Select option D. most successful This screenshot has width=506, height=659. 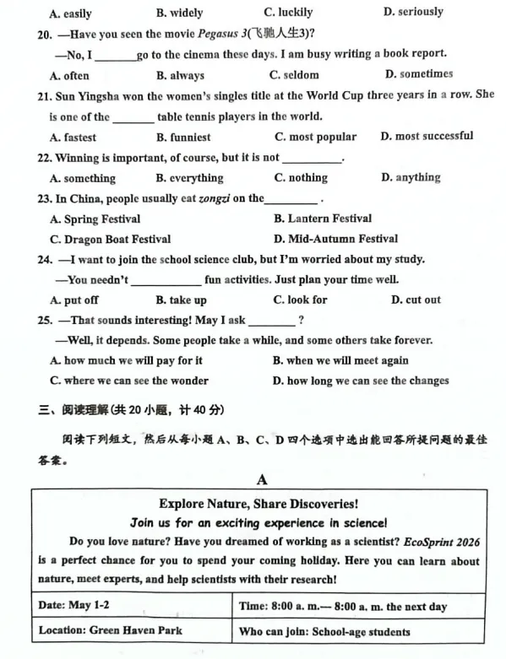click(x=427, y=136)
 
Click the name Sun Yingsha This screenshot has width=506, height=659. click(x=91, y=95)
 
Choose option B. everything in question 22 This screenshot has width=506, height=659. click(x=190, y=178)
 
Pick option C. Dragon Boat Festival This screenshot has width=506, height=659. click(x=111, y=239)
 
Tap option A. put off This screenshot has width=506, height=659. click(x=74, y=300)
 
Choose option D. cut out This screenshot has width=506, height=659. click(x=416, y=300)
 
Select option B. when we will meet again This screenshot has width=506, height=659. click(x=340, y=360)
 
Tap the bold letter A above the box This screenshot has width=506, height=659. click(x=261, y=479)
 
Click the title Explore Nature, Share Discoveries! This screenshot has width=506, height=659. click(x=258, y=504)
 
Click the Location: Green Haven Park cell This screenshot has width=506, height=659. click(x=110, y=630)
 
